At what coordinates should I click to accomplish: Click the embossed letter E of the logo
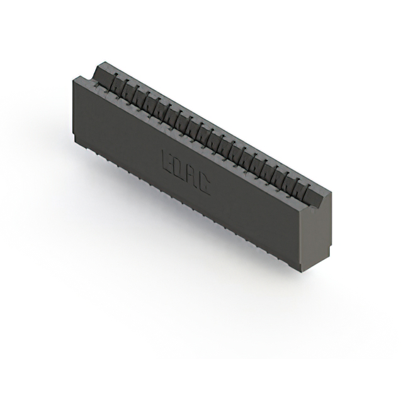pos(168,159)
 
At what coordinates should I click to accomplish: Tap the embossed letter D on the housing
pos(179,167)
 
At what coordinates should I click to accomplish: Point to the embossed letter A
pos(191,174)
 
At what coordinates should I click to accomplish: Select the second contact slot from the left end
pos(123,88)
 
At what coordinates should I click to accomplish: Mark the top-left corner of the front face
pos(74,77)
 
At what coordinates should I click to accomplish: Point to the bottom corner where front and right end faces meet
pos(301,271)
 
